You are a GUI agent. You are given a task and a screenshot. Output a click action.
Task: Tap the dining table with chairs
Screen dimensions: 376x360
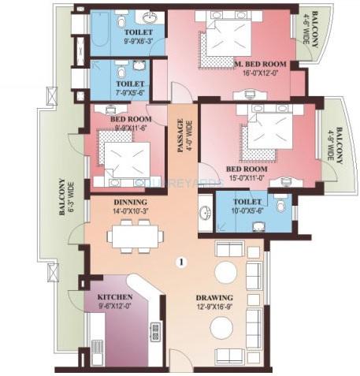pyautogui.click(x=135, y=234)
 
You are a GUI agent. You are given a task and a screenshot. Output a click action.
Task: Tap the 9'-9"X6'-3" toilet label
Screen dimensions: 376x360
pyautogui.click(x=127, y=38)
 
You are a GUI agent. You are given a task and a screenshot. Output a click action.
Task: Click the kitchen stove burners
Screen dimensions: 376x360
pyautogui.click(x=155, y=330)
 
